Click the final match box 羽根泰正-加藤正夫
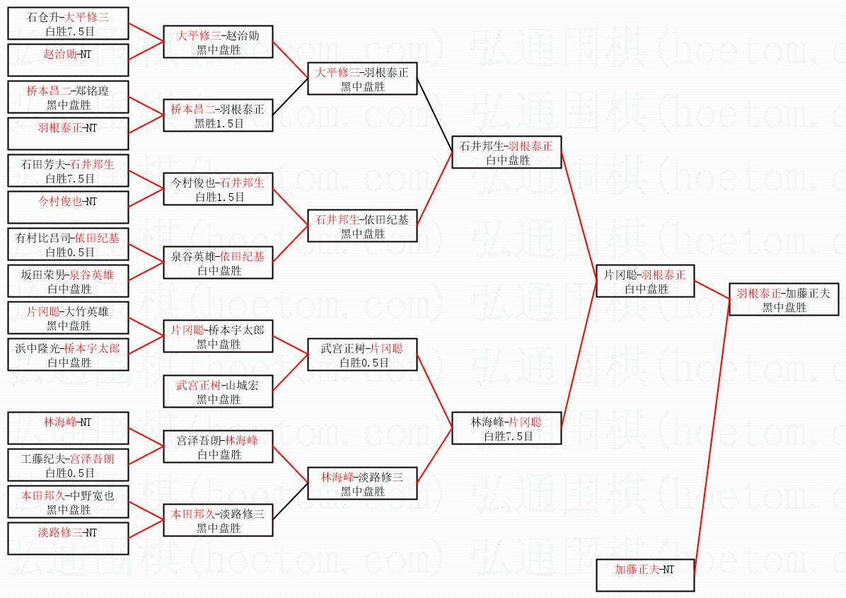[x=784, y=300]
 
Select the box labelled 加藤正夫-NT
[x=644, y=575]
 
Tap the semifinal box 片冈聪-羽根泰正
[x=644, y=281]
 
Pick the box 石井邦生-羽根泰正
[x=506, y=153]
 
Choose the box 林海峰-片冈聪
[x=506, y=429]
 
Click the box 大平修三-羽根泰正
[x=362, y=79]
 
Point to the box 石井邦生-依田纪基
[x=362, y=226]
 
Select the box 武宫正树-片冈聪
[x=362, y=355]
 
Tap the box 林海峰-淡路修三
[x=362, y=483]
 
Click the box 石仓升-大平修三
[x=68, y=23]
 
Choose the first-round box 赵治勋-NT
[x=68, y=60]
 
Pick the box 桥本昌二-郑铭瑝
[x=68, y=98]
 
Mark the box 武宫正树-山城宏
[x=218, y=391]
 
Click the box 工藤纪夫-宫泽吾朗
[x=68, y=466]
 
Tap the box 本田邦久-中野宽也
[x=68, y=502]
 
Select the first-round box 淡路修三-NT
[x=68, y=539]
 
